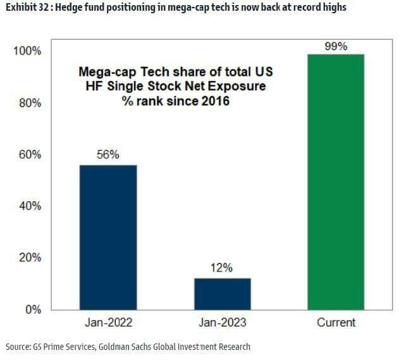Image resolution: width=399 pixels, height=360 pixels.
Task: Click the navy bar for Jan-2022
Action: point(108,237)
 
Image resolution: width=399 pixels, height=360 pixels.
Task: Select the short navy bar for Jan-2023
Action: point(222,294)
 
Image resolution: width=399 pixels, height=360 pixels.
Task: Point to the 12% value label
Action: point(222,268)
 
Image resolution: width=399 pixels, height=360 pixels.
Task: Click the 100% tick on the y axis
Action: point(27,51)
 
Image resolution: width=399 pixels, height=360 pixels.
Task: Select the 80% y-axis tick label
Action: point(30,102)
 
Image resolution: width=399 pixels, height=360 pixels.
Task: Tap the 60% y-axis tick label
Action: point(30,154)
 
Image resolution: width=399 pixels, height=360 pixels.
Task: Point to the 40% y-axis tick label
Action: point(30,206)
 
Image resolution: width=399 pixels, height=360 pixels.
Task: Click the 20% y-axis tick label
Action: point(30,258)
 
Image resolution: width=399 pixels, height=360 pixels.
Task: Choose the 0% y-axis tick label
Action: point(32,309)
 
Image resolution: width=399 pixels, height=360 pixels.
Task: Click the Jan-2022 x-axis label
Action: point(108,323)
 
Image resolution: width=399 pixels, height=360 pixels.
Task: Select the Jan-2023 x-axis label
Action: point(222,323)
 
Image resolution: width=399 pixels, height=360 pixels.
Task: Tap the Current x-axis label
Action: point(336,323)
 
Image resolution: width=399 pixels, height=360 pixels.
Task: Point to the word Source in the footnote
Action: point(18,347)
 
